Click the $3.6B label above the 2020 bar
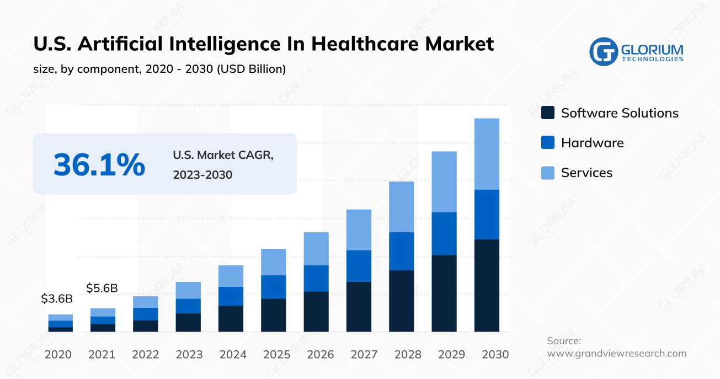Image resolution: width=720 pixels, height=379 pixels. click(x=57, y=299)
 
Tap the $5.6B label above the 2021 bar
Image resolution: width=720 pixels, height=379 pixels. click(x=102, y=288)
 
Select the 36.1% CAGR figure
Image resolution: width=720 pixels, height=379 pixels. click(x=99, y=164)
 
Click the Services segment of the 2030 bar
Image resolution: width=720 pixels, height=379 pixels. click(x=487, y=154)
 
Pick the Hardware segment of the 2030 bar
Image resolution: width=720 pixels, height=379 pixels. click(x=487, y=214)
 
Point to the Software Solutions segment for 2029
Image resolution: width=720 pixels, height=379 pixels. click(x=444, y=293)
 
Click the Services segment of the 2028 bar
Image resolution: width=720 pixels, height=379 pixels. click(x=402, y=207)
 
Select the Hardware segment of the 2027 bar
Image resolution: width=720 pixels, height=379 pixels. click(x=359, y=266)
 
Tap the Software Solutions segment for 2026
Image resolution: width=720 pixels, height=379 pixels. click(x=316, y=311)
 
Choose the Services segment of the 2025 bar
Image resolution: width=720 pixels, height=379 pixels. click(x=274, y=262)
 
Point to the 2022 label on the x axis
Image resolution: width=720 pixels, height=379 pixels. click(x=146, y=354)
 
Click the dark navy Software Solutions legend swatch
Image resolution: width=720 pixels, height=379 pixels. click(x=548, y=113)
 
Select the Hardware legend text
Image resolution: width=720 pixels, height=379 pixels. click(x=592, y=143)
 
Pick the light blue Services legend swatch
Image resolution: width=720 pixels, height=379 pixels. click(x=548, y=173)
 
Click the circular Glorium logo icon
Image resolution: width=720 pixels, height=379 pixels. click(x=603, y=52)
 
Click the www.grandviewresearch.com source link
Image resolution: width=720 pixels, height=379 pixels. click(x=616, y=354)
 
